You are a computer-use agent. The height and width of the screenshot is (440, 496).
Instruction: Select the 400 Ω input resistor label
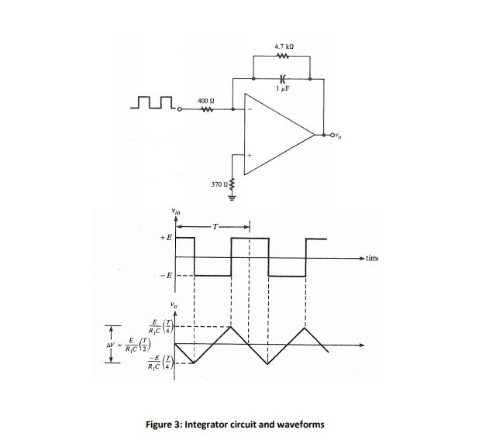[x=205, y=101]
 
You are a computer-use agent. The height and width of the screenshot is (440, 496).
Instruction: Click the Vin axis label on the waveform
[x=176, y=211]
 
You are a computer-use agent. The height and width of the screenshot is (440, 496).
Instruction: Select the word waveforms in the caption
[x=298, y=424]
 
